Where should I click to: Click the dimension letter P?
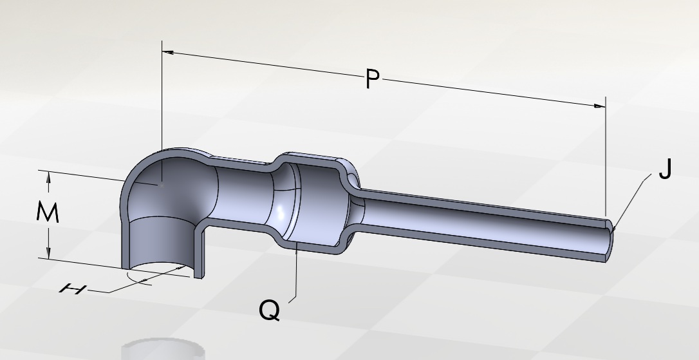pyautogui.click(x=373, y=79)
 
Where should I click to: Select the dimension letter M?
pyautogui.click(x=48, y=213)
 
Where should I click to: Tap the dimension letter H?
pyautogui.click(x=73, y=289)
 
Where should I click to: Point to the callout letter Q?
pyautogui.click(x=269, y=310)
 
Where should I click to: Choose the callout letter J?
pyautogui.click(x=665, y=169)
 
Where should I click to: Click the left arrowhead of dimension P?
pyautogui.click(x=167, y=53)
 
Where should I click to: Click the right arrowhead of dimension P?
pyautogui.click(x=600, y=106)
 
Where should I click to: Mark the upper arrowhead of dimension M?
pyautogui.click(x=48, y=176)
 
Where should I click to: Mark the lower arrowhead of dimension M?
pyautogui.click(x=48, y=253)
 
